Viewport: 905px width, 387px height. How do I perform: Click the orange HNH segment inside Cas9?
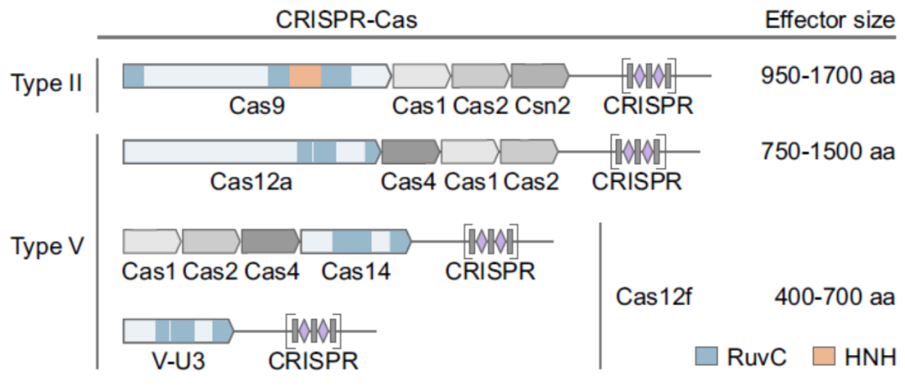pyautogui.click(x=305, y=76)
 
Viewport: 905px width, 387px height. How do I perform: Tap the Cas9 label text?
pyautogui.click(x=256, y=106)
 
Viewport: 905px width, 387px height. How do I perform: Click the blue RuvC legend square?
pyautogui.click(x=706, y=357)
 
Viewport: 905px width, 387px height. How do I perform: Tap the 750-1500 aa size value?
pyautogui.click(x=827, y=152)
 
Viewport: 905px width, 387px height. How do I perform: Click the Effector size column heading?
pyautogui.click(x=830, y=19)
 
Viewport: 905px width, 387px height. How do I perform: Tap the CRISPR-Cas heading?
pyautogui.click(x=346, y=19)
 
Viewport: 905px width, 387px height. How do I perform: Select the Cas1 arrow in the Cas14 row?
pyautogui.click(x=152, y=241)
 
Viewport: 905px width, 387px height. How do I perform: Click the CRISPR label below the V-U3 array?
pyautogui.click(x=313, y=361)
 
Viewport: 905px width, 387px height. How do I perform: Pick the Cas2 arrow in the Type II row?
pyautogui.click(x=480, y=76)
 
